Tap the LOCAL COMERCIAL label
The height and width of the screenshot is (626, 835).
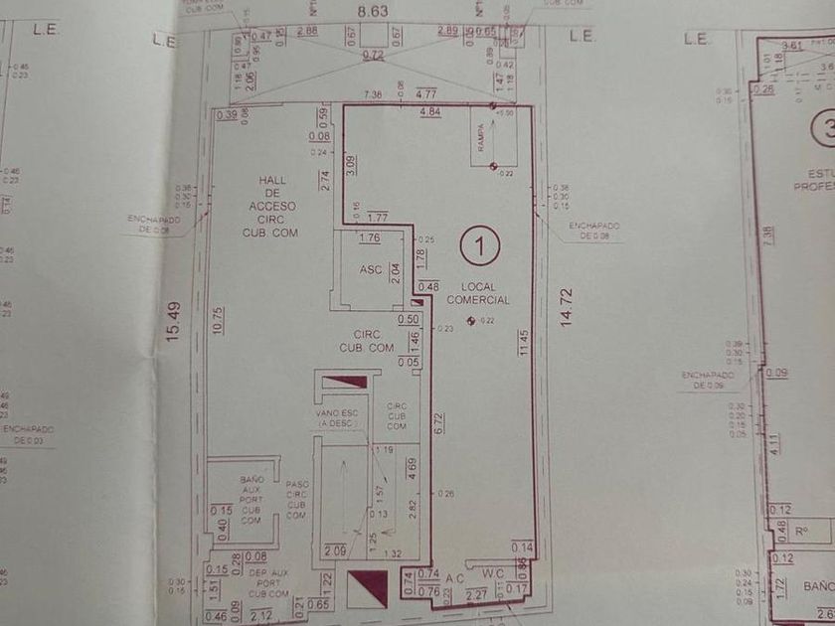pos(478,292)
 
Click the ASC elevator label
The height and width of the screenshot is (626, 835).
pos(371,270)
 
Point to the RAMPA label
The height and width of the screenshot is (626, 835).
pos(480,141)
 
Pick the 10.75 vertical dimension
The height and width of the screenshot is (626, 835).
pos(217,326)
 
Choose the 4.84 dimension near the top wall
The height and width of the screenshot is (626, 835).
pos(430,111)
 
